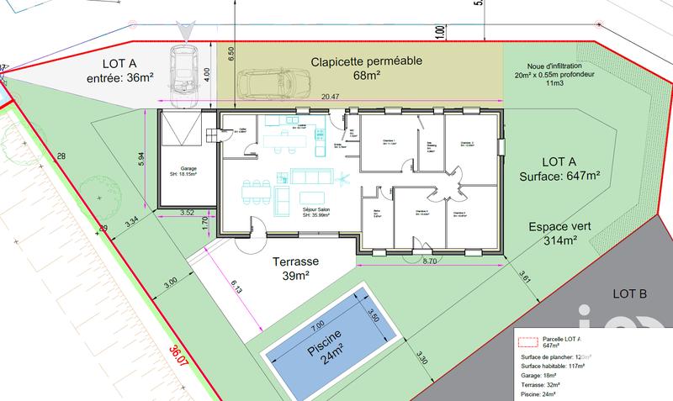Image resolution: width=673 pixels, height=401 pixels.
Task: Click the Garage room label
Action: tap(183, 171)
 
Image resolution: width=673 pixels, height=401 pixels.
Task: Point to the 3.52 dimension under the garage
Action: tap(187, 213)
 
